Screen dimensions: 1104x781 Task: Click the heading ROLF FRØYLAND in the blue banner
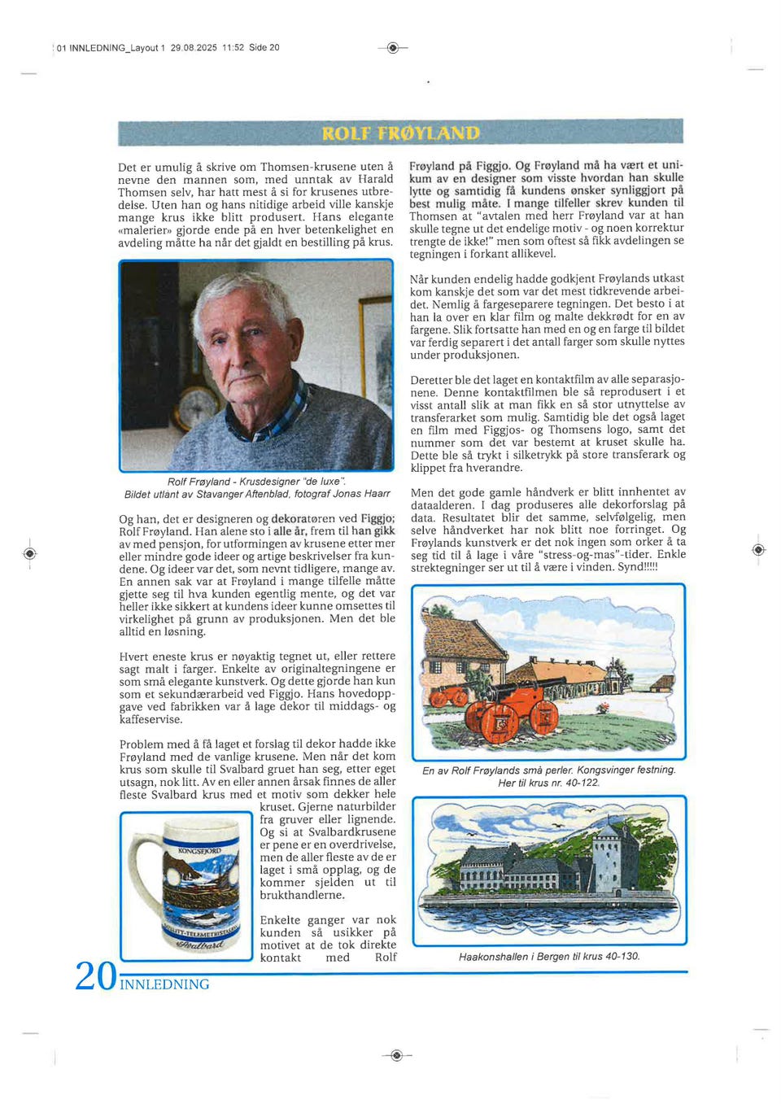click(x=400, y=133)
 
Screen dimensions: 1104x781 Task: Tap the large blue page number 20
click(x=96, y=975)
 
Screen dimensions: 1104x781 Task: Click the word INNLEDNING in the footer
click(x=164, y=984)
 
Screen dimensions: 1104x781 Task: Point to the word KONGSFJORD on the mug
click(x=199, y=850)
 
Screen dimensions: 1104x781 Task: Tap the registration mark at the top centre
click(x=393, y=48)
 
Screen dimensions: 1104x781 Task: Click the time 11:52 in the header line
click(x=233, y=48)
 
